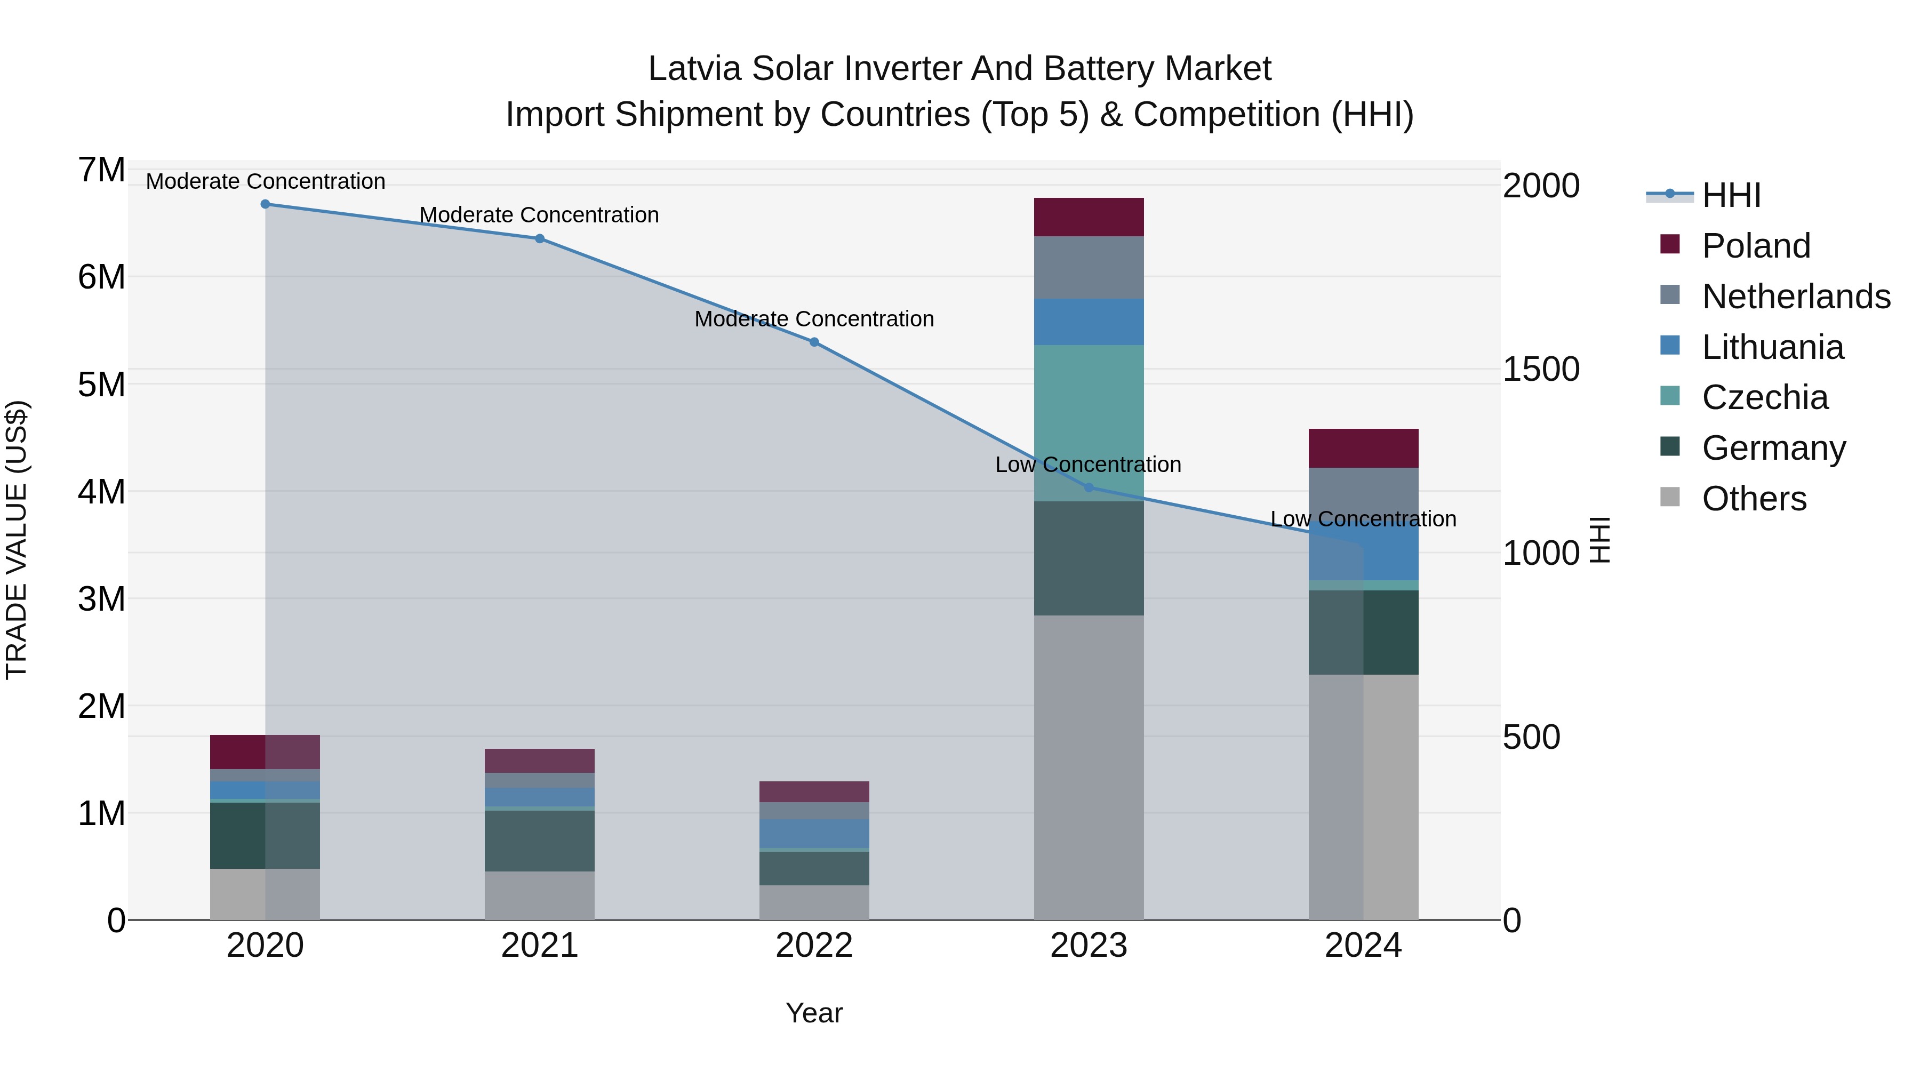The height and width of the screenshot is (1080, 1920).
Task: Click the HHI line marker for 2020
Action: point(266,204)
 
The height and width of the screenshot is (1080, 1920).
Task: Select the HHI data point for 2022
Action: point(814,342)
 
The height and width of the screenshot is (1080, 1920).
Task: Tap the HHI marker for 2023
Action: point(1088,487)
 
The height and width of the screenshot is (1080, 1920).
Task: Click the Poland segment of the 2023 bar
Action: point(1088,217)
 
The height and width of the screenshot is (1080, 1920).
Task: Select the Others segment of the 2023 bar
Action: point(1088,767)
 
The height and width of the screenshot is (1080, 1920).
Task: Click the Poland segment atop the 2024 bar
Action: point(1363,448)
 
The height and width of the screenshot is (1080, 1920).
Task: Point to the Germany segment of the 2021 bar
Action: point(540,840)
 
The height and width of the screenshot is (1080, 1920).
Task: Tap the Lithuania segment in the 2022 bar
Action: point(814,833)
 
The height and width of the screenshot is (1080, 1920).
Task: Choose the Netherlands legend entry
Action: point(1796,297)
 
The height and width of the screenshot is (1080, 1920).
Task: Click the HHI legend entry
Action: point(1731,195)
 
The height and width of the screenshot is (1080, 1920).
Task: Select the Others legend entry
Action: point(1754,499)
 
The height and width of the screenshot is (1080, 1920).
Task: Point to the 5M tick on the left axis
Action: point(102,385)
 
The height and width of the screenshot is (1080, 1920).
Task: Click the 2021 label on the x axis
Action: point(540,946)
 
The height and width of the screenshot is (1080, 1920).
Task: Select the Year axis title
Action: point(814,1013)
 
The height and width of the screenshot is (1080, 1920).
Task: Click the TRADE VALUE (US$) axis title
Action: point(17,540)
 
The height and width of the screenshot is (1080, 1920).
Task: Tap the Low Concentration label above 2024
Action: point(1363,519)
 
